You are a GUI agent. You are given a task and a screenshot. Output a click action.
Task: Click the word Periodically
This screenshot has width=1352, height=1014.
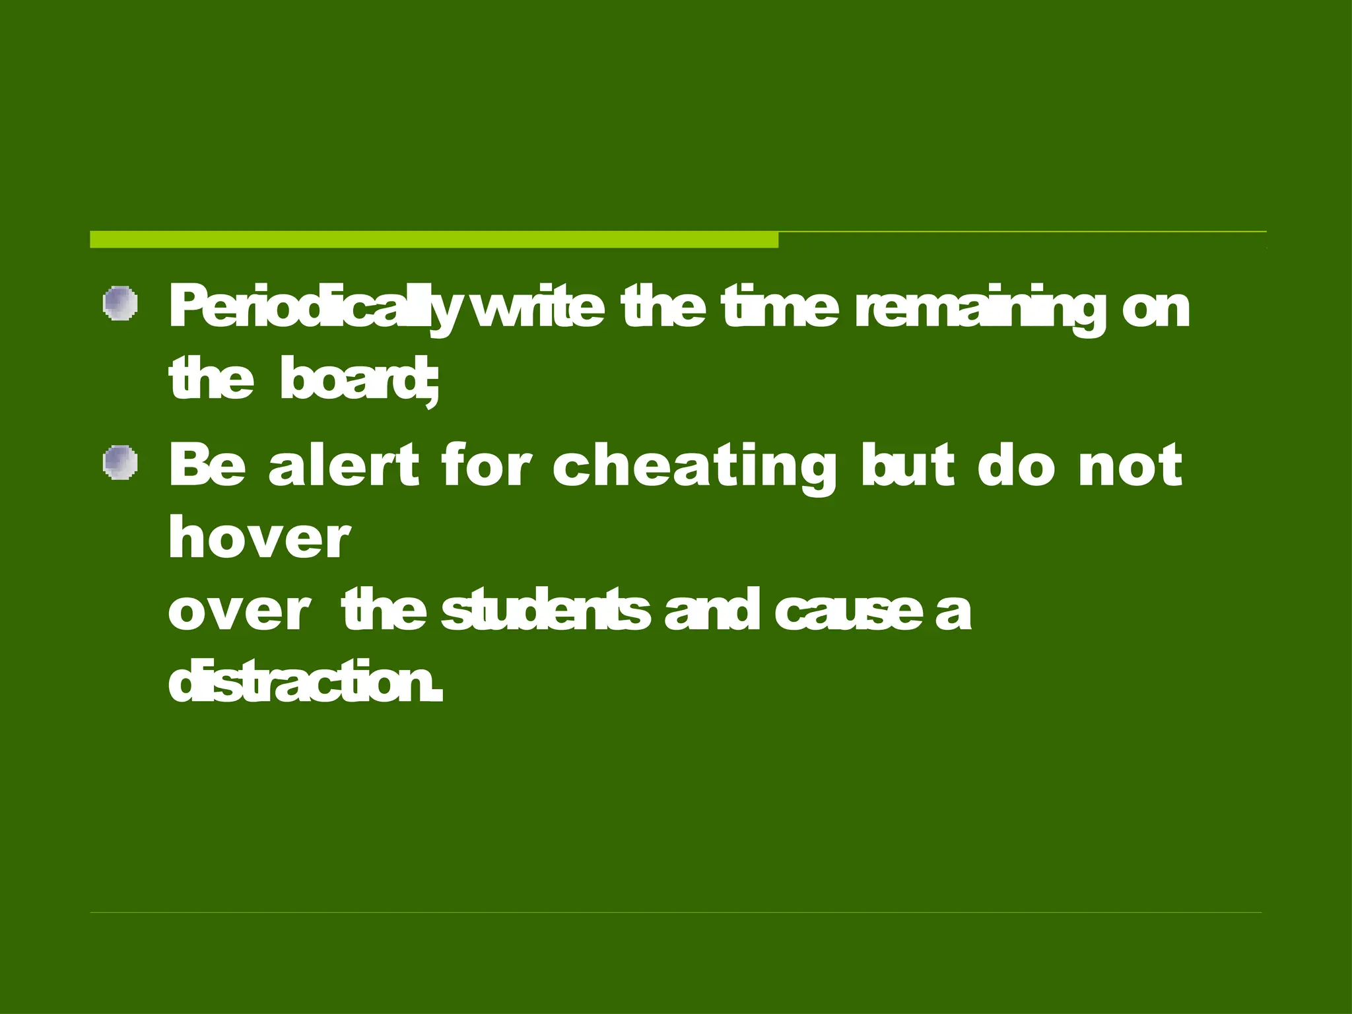(313, 308)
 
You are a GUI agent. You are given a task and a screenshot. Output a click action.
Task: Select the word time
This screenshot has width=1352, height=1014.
(780, 306)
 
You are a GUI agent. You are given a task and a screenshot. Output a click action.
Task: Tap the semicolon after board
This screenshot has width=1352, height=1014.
(430, 386)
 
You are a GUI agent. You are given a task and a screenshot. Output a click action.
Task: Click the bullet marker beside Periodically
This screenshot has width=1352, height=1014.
(120, 304)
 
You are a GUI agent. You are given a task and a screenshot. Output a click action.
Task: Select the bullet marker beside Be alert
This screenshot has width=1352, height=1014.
(120, 462)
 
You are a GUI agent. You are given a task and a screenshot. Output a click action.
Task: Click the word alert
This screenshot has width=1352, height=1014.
(343, 465)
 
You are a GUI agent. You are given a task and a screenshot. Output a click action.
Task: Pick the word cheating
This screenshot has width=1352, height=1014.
(694, 466)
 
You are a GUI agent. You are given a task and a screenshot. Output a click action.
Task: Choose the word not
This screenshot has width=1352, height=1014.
(1130, 466)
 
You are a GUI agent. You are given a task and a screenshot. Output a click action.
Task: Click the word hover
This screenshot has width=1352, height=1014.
(259, 537)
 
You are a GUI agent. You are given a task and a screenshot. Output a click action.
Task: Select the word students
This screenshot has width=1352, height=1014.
(545, 610)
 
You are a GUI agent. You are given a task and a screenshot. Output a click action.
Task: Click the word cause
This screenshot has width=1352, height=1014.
(848, 611)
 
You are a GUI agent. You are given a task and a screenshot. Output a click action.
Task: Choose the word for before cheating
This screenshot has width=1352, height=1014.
(486, 465)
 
